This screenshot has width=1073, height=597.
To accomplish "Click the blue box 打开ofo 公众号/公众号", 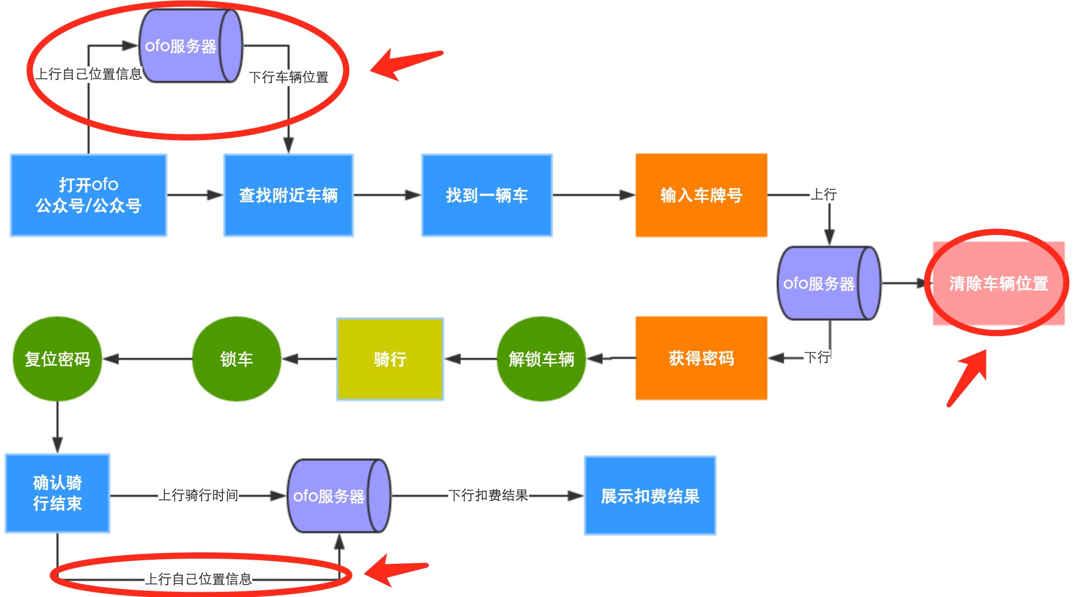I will point(88,195).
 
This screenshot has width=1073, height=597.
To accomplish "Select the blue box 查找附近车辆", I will point(288,195).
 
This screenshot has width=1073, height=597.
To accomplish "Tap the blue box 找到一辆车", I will point(487,195).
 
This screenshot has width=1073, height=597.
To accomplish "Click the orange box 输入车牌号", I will point(701,195).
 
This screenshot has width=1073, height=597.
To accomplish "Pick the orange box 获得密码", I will point(701,358).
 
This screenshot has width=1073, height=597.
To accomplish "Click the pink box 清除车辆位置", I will point(998,283).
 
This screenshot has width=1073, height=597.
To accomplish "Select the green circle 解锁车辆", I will point(541,359).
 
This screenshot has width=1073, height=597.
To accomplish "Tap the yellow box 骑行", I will point(390,359).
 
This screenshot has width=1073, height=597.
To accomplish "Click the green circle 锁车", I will point(236,359).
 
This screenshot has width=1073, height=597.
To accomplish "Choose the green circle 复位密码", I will point(57,359).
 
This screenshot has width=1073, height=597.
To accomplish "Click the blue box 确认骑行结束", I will point(57,493).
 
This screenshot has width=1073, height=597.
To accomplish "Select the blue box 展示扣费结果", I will point(650,496).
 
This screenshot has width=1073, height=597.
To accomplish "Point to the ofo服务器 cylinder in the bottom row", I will point(338,496).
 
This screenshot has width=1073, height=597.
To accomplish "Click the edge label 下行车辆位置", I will point(289,77).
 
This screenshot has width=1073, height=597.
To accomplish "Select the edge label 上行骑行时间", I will point(198,495).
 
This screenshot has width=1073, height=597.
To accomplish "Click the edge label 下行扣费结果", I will point(488,495).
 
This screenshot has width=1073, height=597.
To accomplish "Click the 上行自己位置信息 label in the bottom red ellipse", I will point(198,579).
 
